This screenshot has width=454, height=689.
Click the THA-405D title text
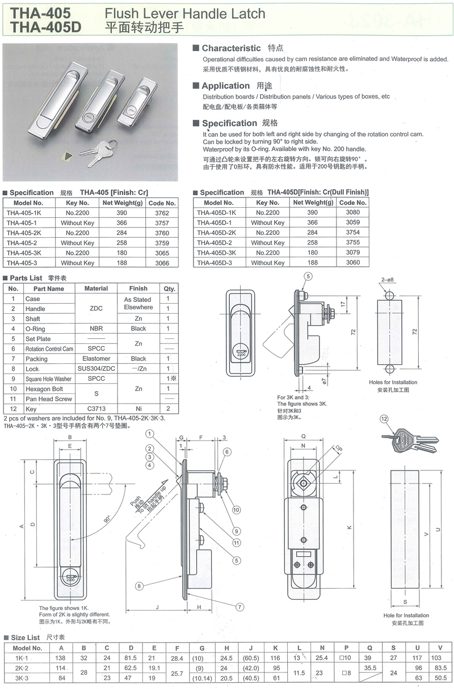pyautogui.click(x=39, y=26)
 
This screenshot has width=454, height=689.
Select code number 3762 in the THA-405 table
pyautogui.click(x=162, y=212)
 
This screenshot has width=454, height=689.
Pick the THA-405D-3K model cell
pyautogui.click(x=215, y=253)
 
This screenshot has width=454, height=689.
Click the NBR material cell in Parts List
pyautogui.click(x=96, y=329)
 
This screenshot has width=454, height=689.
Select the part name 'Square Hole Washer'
pyautogui.click(x=48, y=379)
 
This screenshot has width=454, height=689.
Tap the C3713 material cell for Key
pyautogui.click(x=96, y=409)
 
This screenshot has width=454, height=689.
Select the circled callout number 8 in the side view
pyautogui.click(x=139, y=585)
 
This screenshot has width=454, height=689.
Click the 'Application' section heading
pyautogui.click(x=225, y=86)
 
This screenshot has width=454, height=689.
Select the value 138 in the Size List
pyautogui.click(x=61, y=657)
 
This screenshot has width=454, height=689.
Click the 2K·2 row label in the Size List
pyautogui.click(x=23, y=667)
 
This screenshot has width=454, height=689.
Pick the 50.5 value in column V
pyautogui.click(x=440, y=678)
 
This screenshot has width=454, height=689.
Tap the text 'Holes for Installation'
pyautogui.click(x=393, y=383)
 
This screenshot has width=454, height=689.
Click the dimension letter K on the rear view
pyautogui.click(x=350, y=527)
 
